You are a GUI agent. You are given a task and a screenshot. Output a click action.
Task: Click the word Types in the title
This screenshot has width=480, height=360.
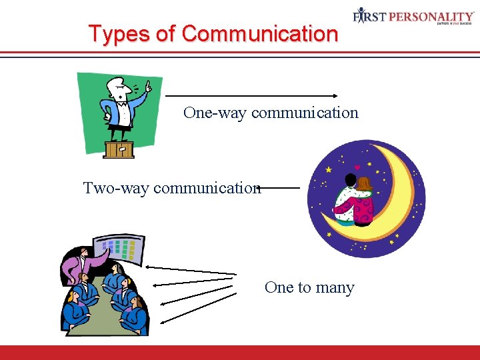(x=113, y=33)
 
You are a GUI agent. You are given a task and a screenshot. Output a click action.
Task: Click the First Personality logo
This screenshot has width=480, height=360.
(x=413, y=16)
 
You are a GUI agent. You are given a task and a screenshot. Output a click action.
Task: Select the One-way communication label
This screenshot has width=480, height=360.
(x=271, y=113)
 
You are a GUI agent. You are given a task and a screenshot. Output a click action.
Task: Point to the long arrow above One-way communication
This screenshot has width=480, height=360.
(x=253, y=95)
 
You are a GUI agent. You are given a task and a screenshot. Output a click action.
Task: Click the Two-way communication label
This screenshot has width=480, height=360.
(x=171, y=189)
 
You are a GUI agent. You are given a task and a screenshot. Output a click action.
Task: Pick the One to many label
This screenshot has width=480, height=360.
(x=309, y=287)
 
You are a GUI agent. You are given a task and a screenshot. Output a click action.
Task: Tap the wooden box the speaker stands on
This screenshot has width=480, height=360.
(x=119, y=149)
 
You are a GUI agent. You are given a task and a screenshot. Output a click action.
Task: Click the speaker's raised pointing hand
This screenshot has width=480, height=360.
(x=148, y=87)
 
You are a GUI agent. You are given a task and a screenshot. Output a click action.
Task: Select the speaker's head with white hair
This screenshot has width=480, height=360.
(x=117, y=87)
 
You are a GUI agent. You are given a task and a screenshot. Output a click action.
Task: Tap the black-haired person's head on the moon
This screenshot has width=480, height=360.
(x=350, y=180)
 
